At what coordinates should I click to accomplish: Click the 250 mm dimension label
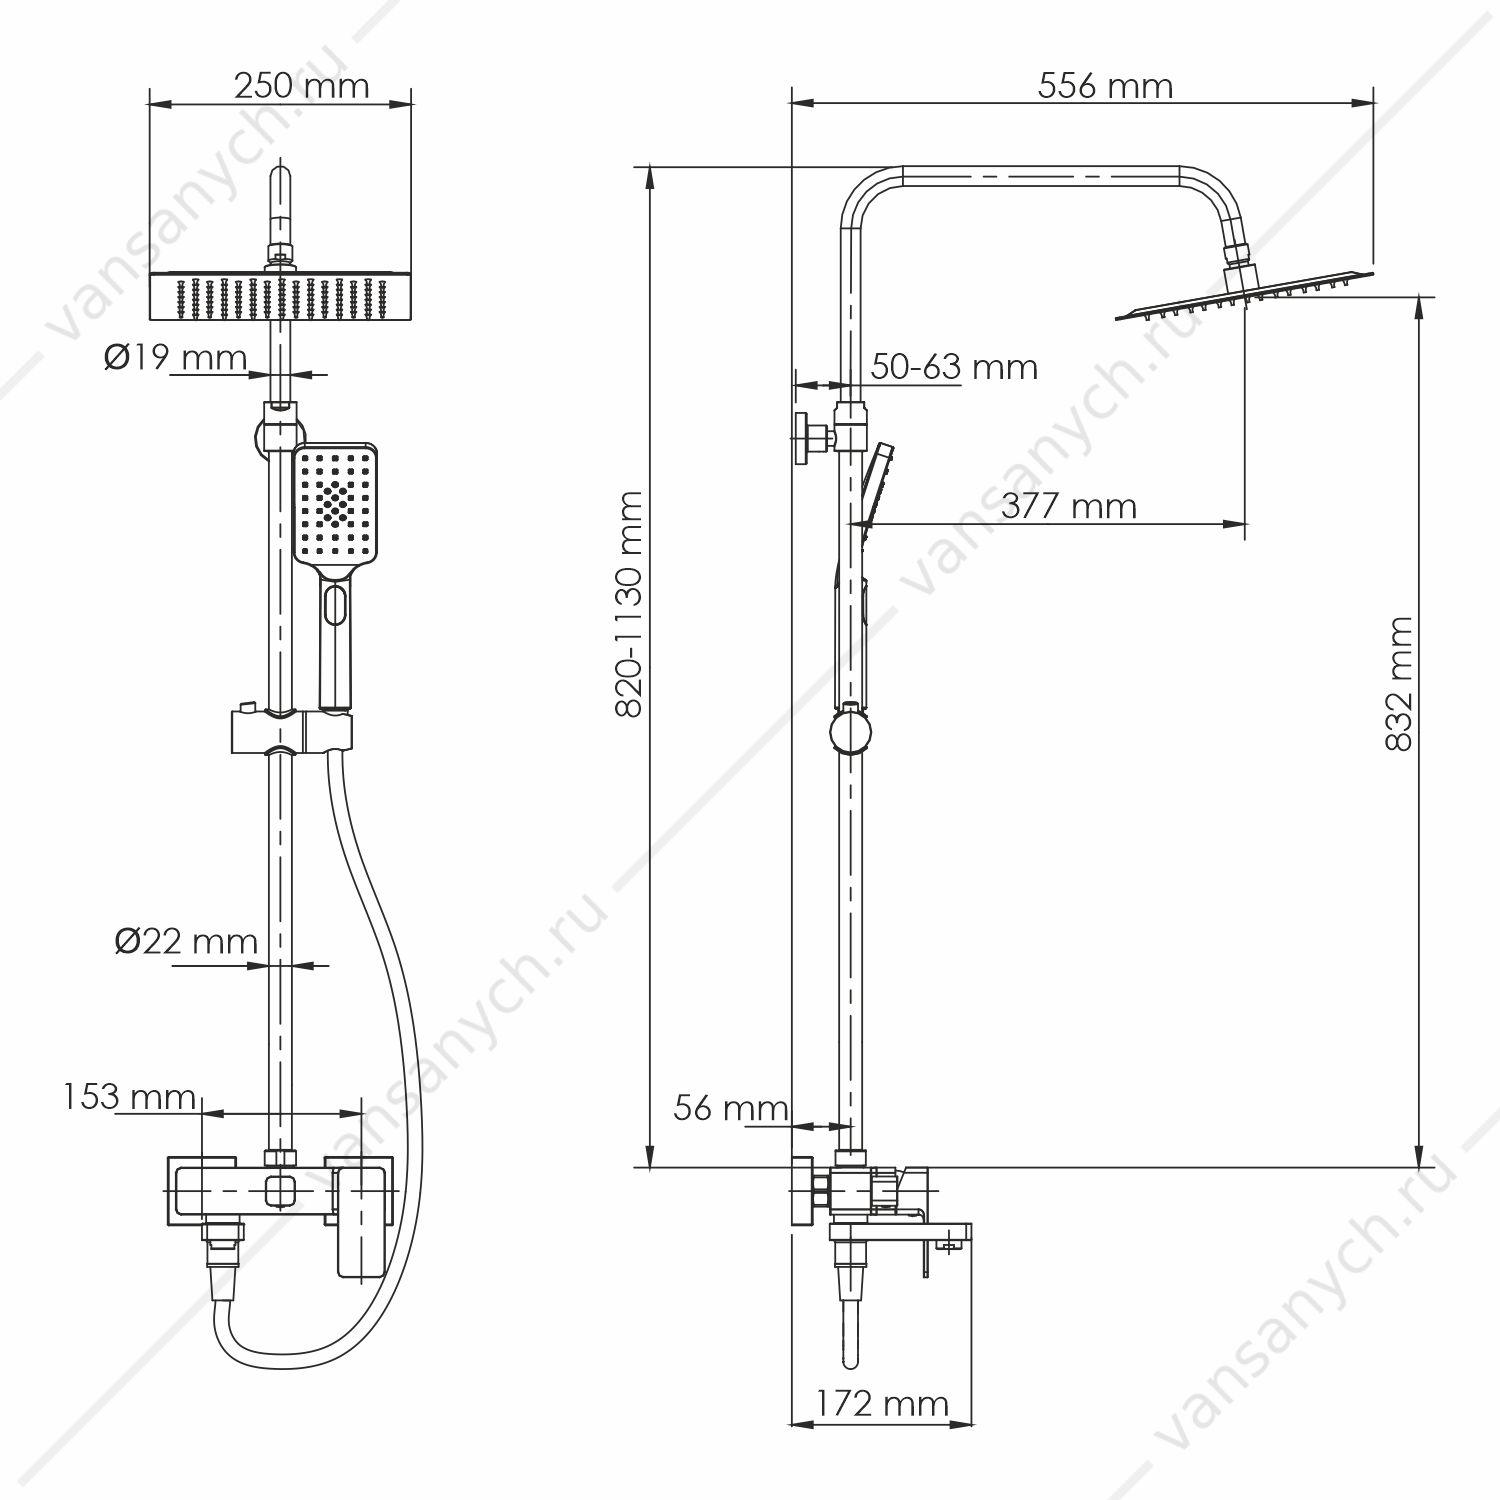pyautogui.click(x=302, y=86)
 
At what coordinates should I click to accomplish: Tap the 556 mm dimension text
pyautogui.click(x=1105, y=86)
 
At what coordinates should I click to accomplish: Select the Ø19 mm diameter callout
pyautogui.click(x=175, y=357)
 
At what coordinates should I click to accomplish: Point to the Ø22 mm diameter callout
pyautogui.click(x=186, y=941)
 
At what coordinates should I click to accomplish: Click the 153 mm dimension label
pyautogui.click(x=129, y=1097)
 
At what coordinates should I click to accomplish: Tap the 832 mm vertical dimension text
pyautogui.click(x=1400, y=684)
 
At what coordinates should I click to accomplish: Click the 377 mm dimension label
pyautogui.click(x=1069, y=506)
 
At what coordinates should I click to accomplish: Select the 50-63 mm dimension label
pyautogui.click(x=954, y=367)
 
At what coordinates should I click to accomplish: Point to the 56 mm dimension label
pyautogui.click(x=731, y=1108)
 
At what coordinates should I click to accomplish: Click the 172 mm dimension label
pyautogui.click(x=881, y=1404)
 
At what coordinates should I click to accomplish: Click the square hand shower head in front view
pyautogui.click(x=335, y=504)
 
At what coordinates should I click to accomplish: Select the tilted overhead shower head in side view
pyautogui.click(x=1245, y=295)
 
